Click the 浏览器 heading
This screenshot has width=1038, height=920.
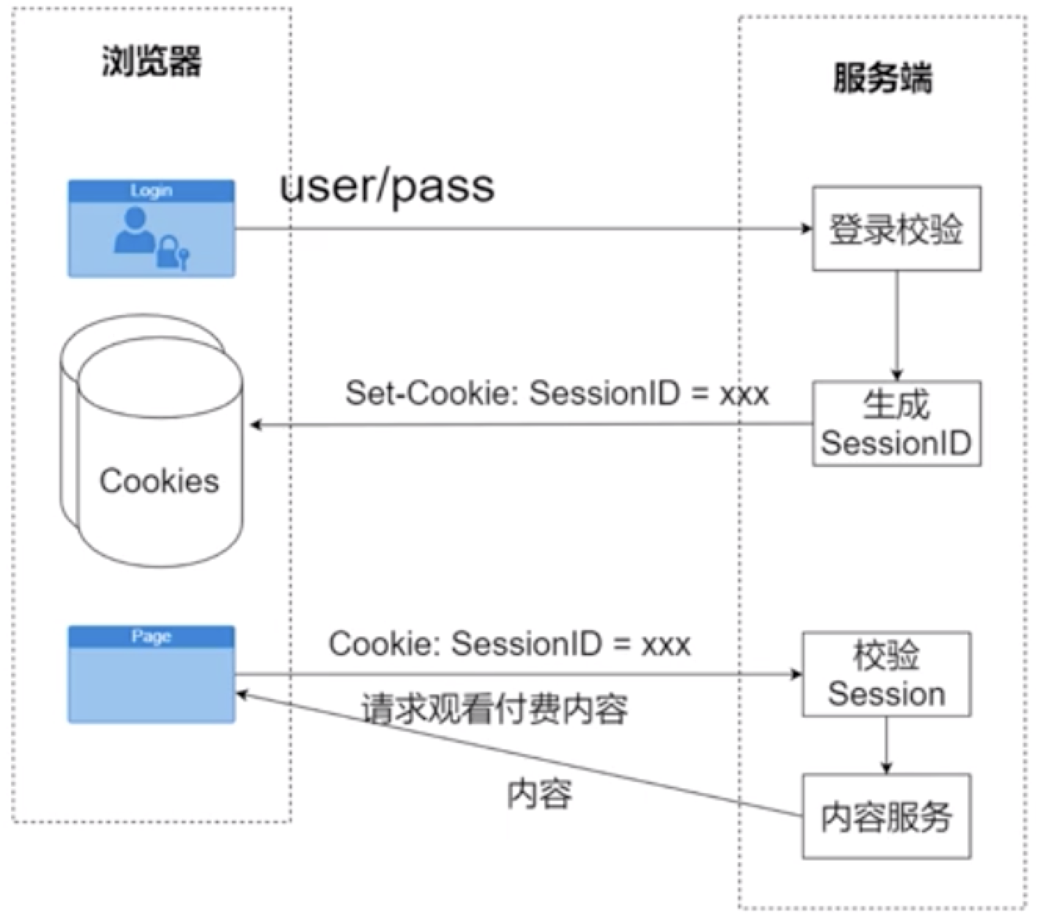[151, 61]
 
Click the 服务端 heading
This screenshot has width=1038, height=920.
[882, 78]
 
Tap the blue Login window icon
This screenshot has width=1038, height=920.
[151, 229]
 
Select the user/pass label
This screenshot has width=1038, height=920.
[387, 187]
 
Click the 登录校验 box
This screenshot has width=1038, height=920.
[896, 229]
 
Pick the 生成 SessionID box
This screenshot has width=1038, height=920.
[896, 424]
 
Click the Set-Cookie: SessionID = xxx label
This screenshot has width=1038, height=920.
[557, 393]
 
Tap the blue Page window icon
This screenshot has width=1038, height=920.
[151, 674]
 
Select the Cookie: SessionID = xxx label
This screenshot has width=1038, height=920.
[510, 644]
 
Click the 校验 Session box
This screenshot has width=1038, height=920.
[886, 674]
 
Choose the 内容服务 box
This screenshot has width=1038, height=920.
[886, 817]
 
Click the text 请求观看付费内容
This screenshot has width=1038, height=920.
[494, 709]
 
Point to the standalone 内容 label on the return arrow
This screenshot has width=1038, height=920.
[539, 793]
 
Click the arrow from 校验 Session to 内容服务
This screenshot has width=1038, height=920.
[887, 744]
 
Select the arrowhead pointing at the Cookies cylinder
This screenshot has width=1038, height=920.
[256, 425]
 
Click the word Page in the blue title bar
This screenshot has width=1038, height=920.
[151, 636]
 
